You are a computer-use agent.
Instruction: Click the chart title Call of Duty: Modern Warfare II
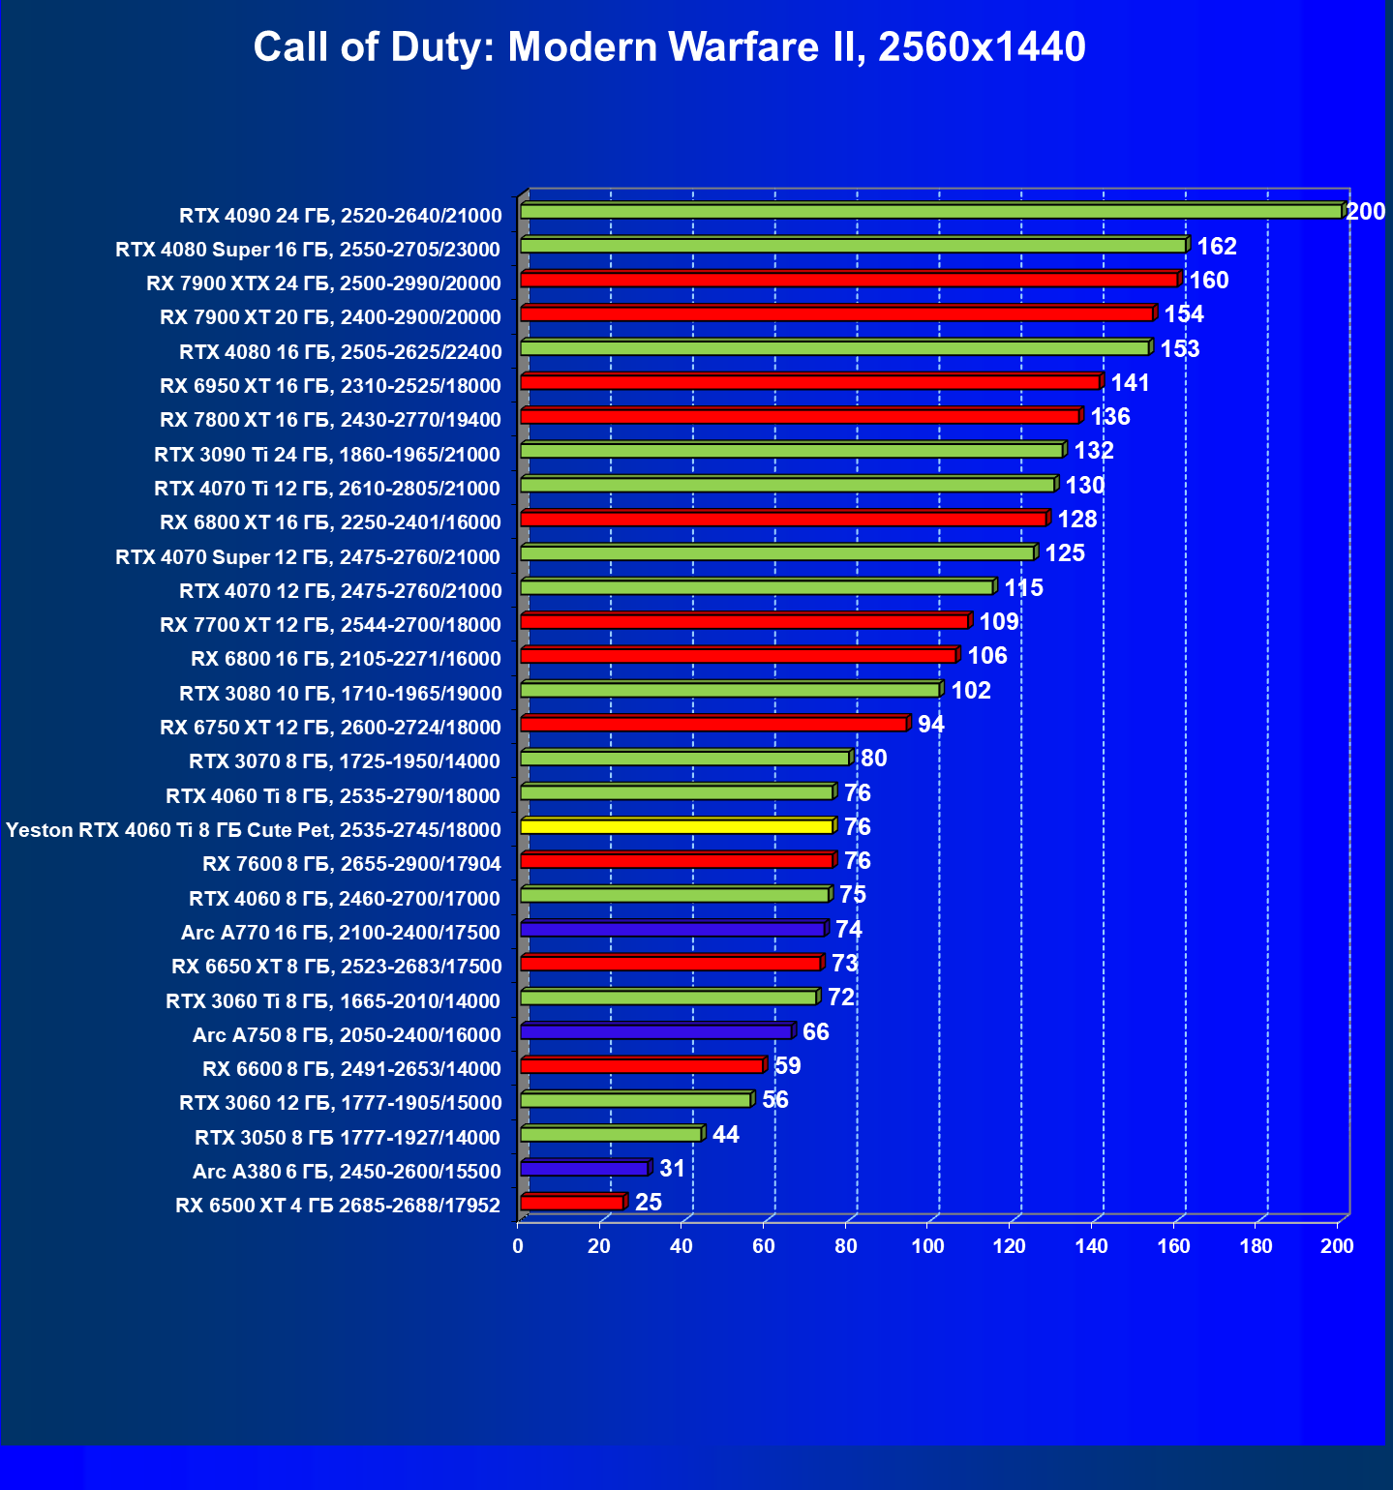(x=669, y=46)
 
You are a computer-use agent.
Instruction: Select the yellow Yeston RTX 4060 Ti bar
(x=677, y=826)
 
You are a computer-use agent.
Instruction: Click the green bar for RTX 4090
(x=929, y=211)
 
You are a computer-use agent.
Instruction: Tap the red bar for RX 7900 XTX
(x=849, y=280)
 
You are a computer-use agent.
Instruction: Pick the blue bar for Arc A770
(x=672, y=929)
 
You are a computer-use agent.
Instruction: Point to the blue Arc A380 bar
(x=584, y=1168)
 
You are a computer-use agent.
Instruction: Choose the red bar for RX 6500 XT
(x=572, y=1203)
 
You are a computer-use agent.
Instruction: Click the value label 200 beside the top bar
(x=1365, y=211)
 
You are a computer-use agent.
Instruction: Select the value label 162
(x=1217, y=246)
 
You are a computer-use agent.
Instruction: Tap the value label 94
(x=930, y=724)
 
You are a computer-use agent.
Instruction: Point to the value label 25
(x=649, y=1202)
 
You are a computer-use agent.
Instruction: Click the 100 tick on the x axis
(x=927, y=1246)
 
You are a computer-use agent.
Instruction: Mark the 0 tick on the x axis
(x=518, y=1246)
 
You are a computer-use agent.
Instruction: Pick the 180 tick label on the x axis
(x=1256, y=1246)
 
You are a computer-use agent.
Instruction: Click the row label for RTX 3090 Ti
(x=327, y=454)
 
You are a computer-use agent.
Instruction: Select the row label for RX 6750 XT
(x=330, y=727)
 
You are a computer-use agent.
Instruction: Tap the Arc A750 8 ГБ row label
(x=347, y=1034)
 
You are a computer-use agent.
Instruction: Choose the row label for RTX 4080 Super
(x=308, y=250)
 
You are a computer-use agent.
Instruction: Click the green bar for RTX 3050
(x=611, y=1134)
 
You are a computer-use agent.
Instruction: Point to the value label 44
(x=725, y=1134)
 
